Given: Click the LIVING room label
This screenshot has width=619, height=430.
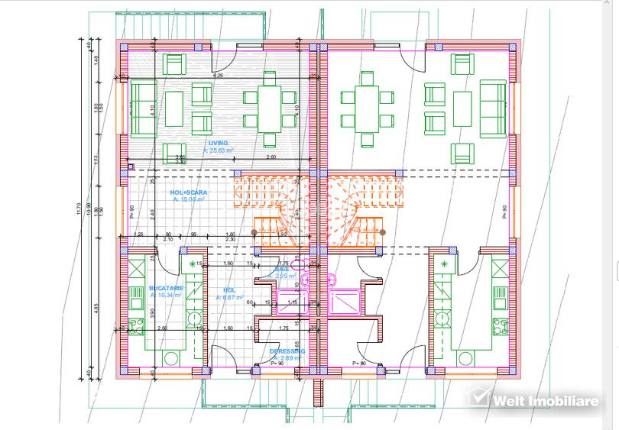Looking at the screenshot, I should coord(218,143).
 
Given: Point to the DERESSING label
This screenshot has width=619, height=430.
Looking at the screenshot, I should coord(287,351).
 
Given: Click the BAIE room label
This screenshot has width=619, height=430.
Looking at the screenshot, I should coord(281,270).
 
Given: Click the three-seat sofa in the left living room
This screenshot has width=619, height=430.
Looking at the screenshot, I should coord(143,108).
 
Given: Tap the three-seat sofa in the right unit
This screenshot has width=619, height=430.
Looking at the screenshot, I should coord(492,108).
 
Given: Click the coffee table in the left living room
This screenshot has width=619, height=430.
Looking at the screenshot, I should coord(175,108).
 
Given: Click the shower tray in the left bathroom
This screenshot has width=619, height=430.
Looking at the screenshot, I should coord(291,302).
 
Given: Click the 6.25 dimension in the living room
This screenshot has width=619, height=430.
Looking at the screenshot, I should coord(218,76).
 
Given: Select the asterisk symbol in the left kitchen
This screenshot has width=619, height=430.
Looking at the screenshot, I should coord(187,263).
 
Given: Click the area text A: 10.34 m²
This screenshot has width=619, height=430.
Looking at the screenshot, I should coord(166,295).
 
